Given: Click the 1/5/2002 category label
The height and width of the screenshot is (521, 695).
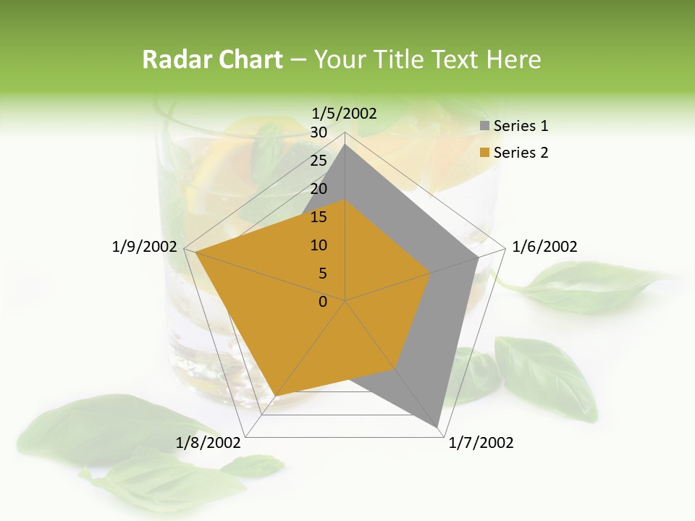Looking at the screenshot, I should (345, 114).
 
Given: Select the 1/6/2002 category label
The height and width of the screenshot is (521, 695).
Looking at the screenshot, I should (544, 247).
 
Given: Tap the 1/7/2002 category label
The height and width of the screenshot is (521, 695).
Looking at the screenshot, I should (481, 443).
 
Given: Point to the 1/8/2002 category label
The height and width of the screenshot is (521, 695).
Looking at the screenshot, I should (208, 443).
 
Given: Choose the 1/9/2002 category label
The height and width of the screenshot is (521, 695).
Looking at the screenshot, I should (144, 247).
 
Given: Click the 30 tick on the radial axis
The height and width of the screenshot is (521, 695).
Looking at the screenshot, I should (319, 132).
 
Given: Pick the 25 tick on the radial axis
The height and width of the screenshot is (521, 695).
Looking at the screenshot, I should (319, 161).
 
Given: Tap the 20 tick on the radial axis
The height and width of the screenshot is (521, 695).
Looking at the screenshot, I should (319, 189).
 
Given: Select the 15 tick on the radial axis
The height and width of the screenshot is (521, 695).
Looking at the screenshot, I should (319, 217).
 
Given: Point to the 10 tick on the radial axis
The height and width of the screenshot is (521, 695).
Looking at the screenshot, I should (319, 245).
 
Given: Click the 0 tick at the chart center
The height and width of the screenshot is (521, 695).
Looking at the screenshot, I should (323, 302).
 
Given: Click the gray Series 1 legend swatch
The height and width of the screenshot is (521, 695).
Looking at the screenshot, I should (484, 127).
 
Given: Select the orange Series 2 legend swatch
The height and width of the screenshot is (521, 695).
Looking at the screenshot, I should (484, 153).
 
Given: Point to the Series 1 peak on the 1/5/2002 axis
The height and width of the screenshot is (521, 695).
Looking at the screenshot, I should (345, 144).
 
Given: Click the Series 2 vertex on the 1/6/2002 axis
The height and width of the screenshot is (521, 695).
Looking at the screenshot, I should (431, 273).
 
